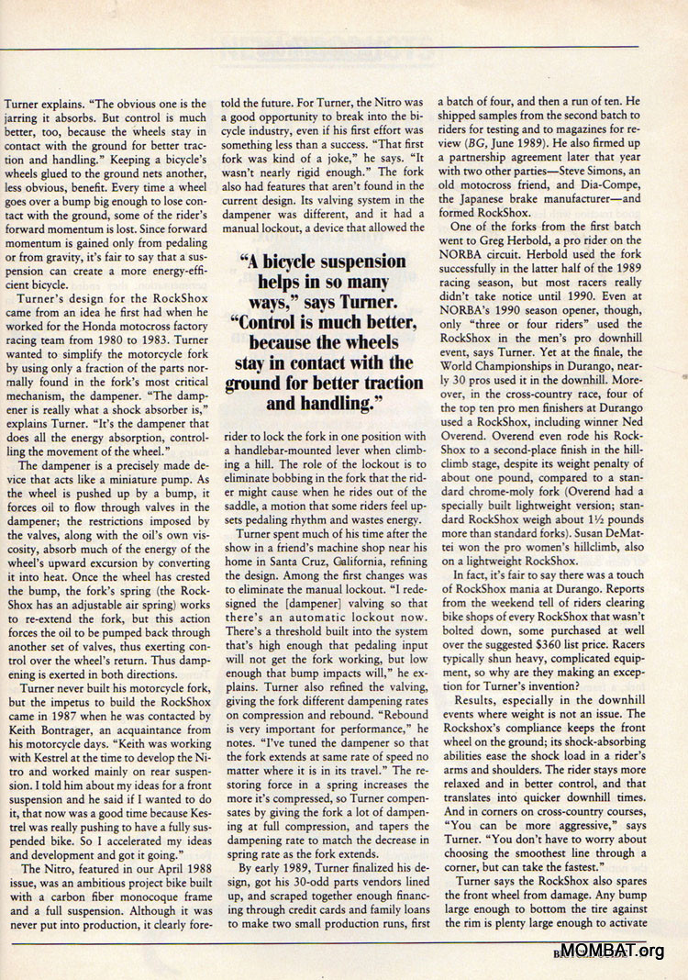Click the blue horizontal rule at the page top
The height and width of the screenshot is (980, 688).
(x=344, y=47)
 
